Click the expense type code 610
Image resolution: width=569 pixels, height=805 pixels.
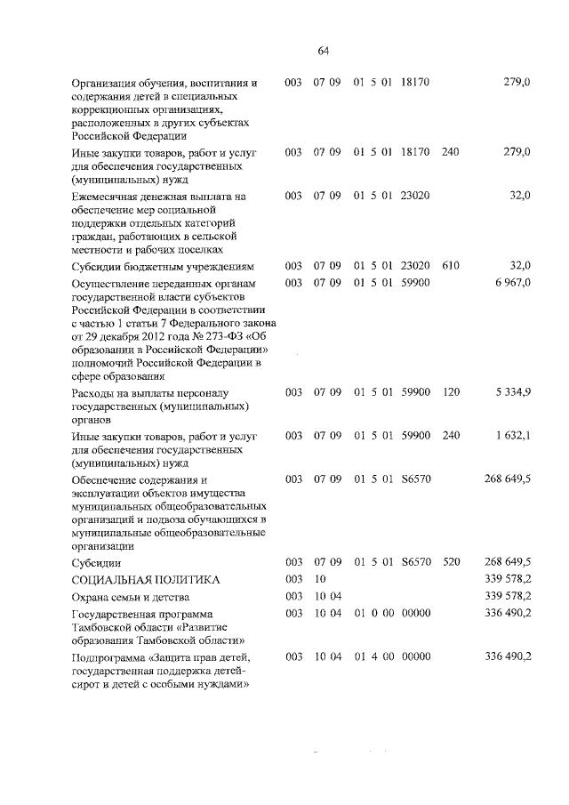point(450,266)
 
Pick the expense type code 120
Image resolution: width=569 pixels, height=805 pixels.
point(450,391)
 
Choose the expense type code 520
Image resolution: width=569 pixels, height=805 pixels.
point(450,562)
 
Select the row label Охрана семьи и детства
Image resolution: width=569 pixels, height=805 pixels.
point(131,597)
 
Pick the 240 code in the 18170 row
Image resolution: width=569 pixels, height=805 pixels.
point(450,152)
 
